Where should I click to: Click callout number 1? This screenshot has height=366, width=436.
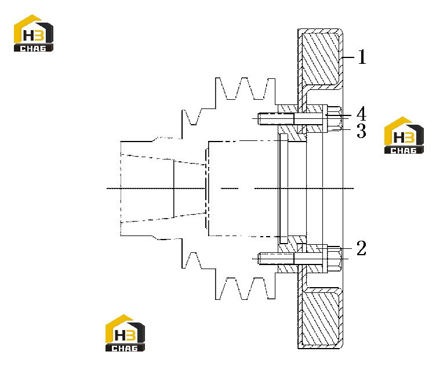coord(362,57)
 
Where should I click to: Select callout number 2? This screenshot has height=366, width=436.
coord(361,248)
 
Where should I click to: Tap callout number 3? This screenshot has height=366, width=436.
coord(361,131)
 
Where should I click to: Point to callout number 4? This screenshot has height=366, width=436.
coord(361,114)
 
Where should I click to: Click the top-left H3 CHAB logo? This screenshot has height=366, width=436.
coord(34,33)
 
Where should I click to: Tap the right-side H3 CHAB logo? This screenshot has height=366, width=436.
coord(404,135)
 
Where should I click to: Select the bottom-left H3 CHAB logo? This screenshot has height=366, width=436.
coord(125,333)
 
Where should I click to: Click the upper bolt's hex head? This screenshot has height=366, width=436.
coord(335,118)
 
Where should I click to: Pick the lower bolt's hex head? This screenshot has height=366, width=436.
coord(335,259)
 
